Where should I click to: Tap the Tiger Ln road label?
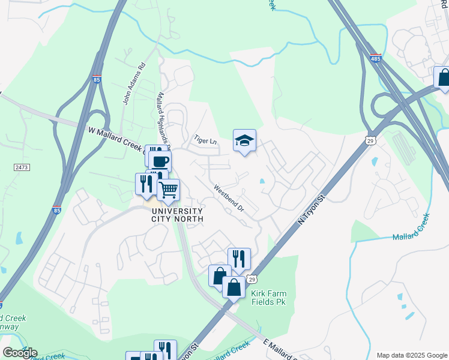point(205,140)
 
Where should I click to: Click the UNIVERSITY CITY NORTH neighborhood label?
point(177,215)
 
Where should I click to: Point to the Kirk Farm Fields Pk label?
point(269,297)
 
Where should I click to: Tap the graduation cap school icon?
point(244,141)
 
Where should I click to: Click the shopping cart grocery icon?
point(168,190)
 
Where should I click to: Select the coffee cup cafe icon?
point(160,161)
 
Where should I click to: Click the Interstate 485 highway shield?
point(376,59)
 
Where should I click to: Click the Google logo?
point(20,352)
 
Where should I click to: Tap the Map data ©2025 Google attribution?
point(411,355)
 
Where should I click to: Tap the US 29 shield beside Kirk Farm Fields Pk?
point(252,280)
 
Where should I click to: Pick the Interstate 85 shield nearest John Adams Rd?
point(97,79)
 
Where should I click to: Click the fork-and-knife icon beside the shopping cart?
point(146,184)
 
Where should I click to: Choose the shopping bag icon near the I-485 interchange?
point(443,77)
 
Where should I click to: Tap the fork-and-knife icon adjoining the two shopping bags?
point(240,259)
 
